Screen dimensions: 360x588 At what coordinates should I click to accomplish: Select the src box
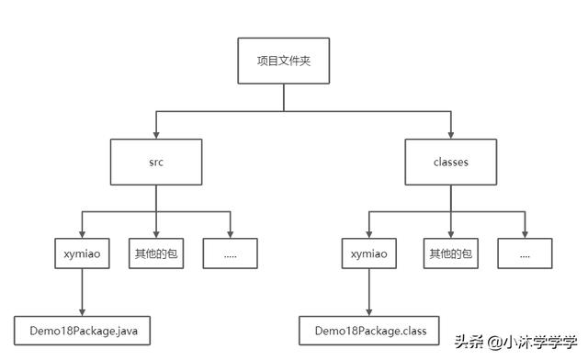tap(155, 163)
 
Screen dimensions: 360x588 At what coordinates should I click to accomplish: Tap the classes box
tap(450, 163)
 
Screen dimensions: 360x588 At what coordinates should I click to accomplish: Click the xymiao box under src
tap(82, 252)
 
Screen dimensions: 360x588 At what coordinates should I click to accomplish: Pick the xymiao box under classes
tap(368, 252)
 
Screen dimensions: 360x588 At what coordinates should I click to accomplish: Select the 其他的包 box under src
tap(155, 252)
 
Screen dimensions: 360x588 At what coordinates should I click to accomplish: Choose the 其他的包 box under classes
tap(450, 252)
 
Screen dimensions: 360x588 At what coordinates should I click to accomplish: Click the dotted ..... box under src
tap(230, 252)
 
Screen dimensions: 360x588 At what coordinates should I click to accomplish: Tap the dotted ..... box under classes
tap(525, 252)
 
